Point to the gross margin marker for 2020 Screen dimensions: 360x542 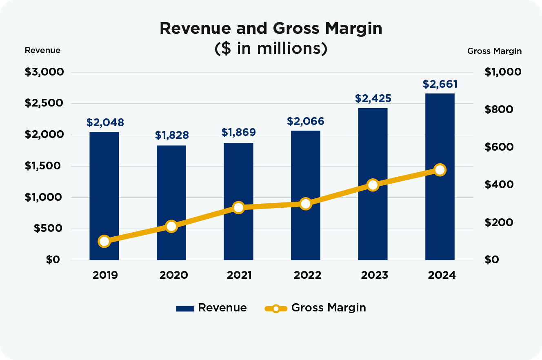tap(171, 226)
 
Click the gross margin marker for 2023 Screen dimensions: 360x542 tap(373, 185)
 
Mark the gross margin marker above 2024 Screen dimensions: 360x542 tap(440, 170)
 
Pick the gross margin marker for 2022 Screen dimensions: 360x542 tap(306, 204)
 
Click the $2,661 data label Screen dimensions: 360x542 tap(440, 84)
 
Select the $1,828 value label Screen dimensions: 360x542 tap(171, 135)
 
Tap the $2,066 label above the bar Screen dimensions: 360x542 tap(306, 121)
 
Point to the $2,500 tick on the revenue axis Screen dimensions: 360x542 tap(44, 103)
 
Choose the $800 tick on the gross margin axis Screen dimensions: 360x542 tap(498, 109)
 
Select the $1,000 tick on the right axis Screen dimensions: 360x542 tap(503, 72)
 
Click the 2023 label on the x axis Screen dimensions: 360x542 tap(373, 275)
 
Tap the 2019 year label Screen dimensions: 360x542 tap(104, 275)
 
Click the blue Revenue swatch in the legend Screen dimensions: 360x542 tap(184, 308)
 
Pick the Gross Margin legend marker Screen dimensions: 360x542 tap(276, 308)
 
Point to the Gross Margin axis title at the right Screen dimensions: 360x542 tap(494, 51)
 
